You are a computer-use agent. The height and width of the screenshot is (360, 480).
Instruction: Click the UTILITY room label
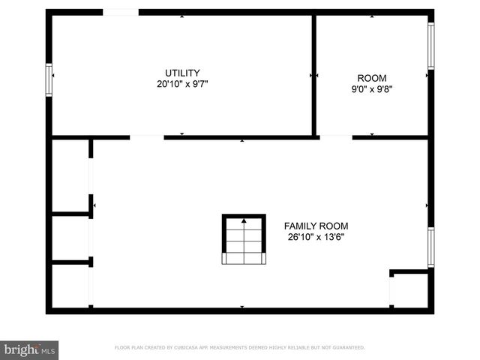point(182,73)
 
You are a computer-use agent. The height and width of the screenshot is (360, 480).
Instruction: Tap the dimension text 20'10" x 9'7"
point(182,84)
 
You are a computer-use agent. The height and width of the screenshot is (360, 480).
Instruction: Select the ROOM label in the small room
point(372,78)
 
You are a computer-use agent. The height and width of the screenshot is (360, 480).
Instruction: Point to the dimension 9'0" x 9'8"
point(372,89)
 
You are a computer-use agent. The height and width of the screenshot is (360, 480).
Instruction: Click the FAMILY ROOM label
point(316,226)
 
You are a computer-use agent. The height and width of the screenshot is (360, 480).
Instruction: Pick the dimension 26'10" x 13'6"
point(316,237)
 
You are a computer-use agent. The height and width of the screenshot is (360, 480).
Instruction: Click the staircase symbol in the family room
point(244,239)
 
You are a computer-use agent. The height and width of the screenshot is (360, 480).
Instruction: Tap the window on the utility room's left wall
point(49,79)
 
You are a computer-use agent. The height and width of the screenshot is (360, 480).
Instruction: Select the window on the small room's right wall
point(430,46)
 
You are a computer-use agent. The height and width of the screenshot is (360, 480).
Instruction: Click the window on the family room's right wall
point(430,247)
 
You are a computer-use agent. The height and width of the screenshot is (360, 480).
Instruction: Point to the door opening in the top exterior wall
point(120,12)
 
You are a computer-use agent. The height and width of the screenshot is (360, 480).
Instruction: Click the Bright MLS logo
point(29,349)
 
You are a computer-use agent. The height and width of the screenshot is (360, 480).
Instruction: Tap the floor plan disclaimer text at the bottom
point(239,348)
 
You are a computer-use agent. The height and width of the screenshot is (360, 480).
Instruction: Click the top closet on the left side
point(70,176)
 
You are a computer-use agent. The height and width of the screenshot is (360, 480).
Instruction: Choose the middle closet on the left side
point(70,238)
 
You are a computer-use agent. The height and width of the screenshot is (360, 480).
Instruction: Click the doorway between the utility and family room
point(147,137)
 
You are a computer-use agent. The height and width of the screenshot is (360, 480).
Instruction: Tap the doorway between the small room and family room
point(336,137)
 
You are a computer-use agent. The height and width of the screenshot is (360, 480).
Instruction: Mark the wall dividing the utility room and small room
point(313,75)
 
